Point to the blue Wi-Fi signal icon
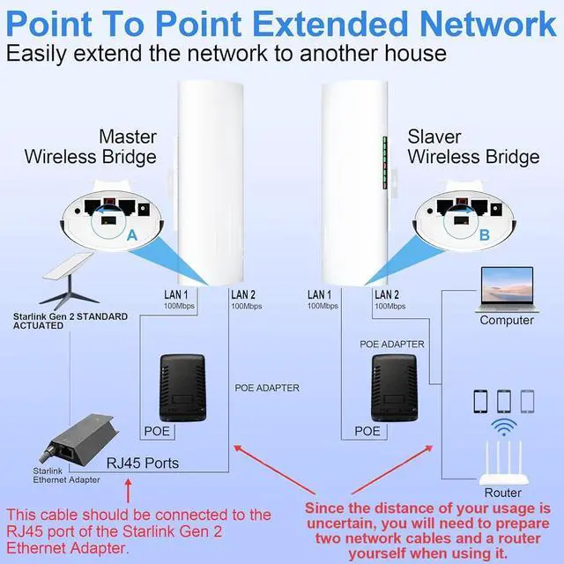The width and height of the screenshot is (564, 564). click(504, 429)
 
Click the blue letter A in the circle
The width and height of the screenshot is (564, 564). click(132, 236)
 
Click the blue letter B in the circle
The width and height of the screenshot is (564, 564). click(483, 236)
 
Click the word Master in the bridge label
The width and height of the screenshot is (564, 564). click(128, 137)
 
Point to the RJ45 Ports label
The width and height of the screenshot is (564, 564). click(143, 464)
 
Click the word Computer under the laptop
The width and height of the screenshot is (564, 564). click(507, 320)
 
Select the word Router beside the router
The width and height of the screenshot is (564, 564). click(502, 493)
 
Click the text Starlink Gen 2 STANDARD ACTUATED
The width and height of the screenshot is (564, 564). click(70, 321)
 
